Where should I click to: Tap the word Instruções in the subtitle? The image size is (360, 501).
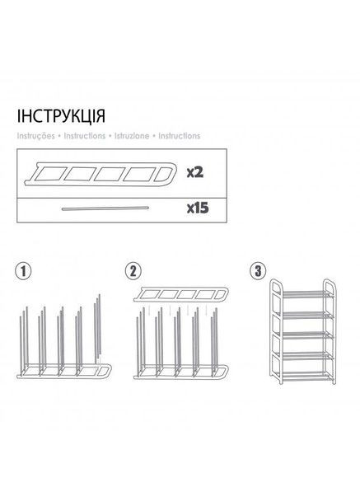click(35, 134)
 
